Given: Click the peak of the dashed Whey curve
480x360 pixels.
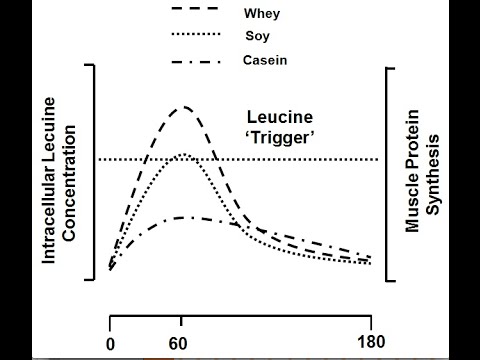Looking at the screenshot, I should (183, 106).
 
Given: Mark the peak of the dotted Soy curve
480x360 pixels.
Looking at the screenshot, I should (182, 154).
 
